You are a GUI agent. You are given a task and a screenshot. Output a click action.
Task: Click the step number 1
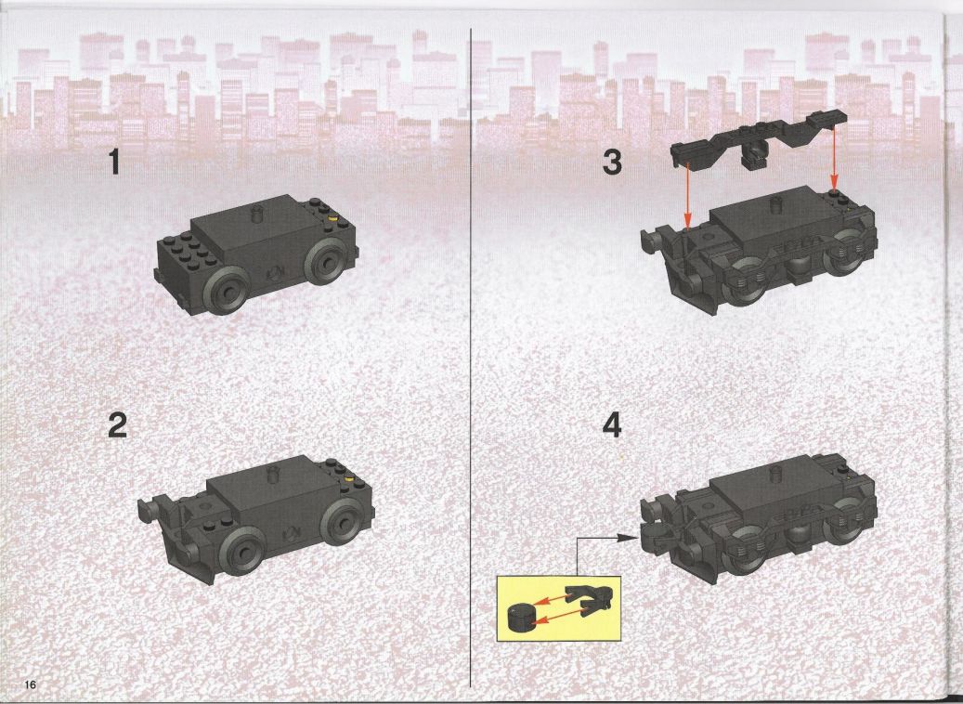click(x=113, y=163)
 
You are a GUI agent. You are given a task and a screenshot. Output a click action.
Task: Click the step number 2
click(x=117, y=424)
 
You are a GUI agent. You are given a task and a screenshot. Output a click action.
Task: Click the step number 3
click(x=612, y=163)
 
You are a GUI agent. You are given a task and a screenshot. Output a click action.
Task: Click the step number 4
click(x=612, y=424)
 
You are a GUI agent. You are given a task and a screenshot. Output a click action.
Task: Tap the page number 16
click(x=31, y=684)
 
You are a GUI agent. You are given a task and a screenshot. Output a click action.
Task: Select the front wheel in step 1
click(x=228, y=292)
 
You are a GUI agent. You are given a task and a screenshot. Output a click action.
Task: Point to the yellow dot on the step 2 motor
click(x=349, y=477)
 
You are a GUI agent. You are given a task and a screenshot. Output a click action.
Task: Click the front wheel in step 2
click(x=242, y=552)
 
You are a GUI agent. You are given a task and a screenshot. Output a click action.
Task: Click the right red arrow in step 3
click(x=833, y=157)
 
